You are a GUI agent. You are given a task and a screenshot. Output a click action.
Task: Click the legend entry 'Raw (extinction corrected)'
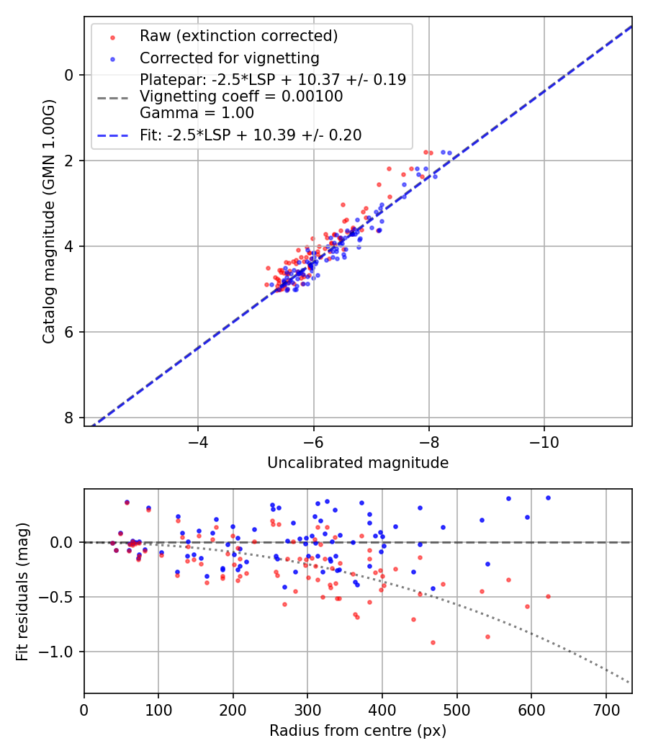click(x=238, y=36)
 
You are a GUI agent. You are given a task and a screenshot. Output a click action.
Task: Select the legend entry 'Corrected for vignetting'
click(x=229, y=58)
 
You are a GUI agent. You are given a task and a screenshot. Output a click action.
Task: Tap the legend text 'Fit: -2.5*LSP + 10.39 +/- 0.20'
click(x=251, y=135)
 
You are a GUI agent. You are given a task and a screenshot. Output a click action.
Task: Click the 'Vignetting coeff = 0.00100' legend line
click(x=241, y=96)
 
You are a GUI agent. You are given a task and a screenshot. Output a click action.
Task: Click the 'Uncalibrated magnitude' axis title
click(x=358, y=463)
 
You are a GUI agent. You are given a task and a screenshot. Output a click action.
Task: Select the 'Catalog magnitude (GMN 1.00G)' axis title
click(x=48, y=221)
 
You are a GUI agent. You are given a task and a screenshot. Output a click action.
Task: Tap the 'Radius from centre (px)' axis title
click(x=358, y=731)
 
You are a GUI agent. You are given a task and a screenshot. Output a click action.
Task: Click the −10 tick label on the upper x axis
click(x=544, y=440)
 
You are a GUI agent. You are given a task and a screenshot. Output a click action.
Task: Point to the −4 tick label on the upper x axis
click(x=198, y=440)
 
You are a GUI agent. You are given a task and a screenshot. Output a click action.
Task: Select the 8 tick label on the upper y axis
click(x=68, y=418)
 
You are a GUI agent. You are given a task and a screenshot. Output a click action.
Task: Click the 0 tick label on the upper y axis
click(x=68, y=75)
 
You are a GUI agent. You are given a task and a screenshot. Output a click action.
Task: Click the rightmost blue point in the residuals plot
click(x=548, y=498)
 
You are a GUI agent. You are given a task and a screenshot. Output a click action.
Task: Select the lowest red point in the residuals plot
click(x=433, y=642)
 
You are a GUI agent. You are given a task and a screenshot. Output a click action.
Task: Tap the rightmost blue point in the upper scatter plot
click(x=449, y=153)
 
